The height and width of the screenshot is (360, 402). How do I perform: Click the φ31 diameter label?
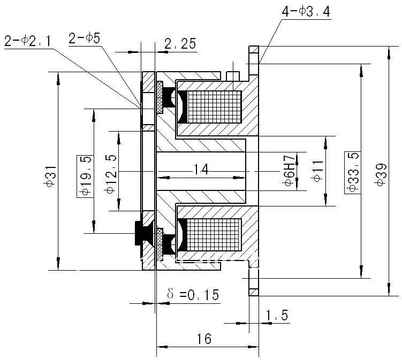(49, 175)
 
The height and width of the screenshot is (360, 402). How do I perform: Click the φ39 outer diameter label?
(381, 174)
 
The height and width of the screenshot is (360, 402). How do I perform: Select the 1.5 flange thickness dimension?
(277, 316)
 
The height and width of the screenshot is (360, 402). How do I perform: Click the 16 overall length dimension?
(204, 338)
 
